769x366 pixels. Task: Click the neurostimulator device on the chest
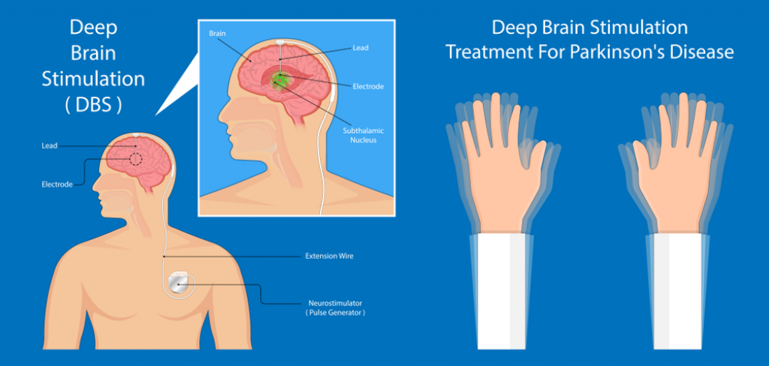point(179,284)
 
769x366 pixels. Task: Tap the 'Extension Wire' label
point(329,256)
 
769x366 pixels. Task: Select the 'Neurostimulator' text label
point(335,303)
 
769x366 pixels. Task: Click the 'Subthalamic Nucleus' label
point(363,136)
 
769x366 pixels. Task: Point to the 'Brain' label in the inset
point(217,33)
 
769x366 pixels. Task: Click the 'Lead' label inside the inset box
point(360,48)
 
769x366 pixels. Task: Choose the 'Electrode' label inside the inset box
point(368,87)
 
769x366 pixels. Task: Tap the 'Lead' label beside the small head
point(50,145)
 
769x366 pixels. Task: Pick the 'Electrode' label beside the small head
point(57,184)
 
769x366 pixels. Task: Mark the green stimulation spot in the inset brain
point(280,79)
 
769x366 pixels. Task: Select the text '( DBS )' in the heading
point(93,105)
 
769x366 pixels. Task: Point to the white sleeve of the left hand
point(502,292)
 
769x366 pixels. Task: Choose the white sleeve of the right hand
point(678,292)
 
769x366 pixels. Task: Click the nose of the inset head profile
point(222,116)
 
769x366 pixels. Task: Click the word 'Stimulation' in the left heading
point(93,79)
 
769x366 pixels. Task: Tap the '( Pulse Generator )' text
point(335,312)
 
